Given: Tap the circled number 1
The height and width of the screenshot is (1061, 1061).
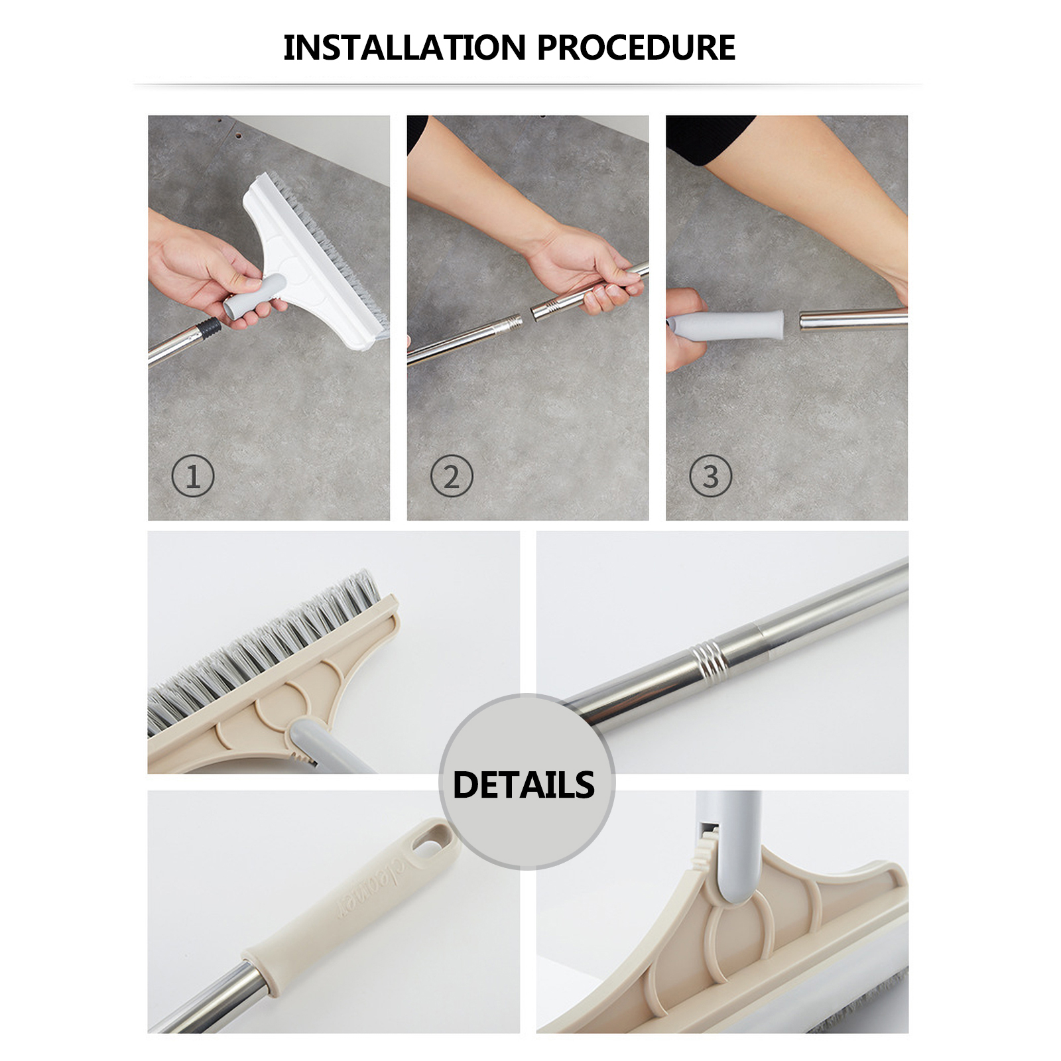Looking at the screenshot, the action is [x=193, y=476].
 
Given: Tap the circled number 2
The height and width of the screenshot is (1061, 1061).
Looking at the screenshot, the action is [x=452, y=476].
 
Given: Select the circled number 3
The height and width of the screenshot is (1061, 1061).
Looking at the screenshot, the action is [x=710, y=476].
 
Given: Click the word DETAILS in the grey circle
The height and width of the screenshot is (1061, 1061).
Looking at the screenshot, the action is [x=524, y=784].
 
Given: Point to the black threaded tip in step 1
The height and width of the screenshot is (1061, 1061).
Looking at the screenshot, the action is [x=210, y=328].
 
